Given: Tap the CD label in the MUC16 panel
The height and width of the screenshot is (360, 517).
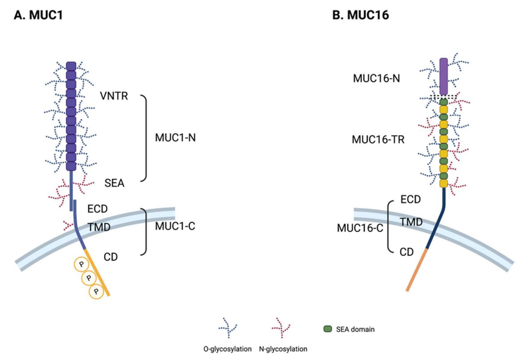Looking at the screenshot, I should tap(406, 252).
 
